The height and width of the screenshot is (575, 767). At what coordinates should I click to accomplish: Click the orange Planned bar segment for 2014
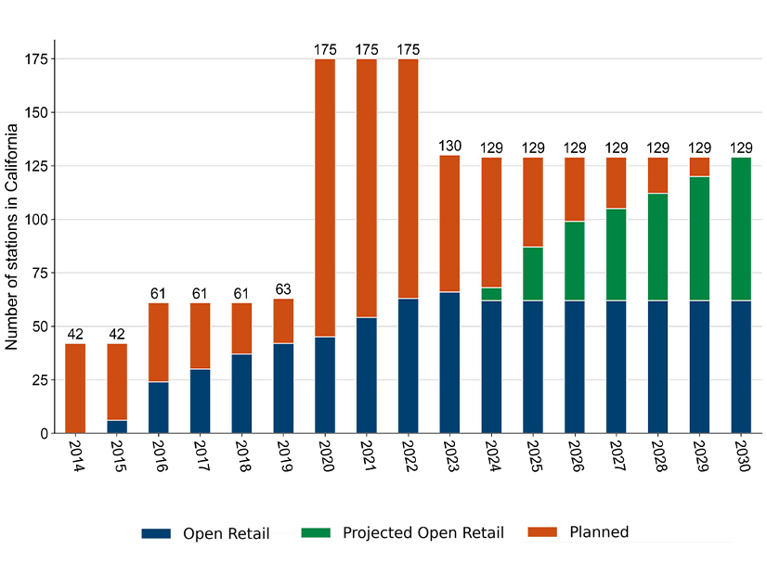coord(75,388)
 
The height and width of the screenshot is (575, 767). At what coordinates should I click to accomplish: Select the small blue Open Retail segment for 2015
coord(117,427)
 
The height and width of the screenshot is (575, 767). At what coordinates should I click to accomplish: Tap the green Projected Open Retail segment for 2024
coord(491,294)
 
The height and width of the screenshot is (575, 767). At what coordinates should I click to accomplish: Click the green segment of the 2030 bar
coord(741,228)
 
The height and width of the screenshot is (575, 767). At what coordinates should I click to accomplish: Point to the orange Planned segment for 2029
coord(699,167)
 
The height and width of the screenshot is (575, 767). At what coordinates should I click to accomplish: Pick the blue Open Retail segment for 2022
coord(408,365)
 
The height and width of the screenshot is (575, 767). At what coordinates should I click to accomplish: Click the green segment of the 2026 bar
coord(575,261)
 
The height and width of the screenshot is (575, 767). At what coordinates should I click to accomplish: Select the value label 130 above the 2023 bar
coord(449,147)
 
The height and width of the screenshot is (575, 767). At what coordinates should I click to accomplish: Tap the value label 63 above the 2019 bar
coord(283,289)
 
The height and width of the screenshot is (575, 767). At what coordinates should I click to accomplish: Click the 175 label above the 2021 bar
coord(367,49)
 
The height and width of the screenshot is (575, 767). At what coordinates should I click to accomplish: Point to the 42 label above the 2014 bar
coord(75,334)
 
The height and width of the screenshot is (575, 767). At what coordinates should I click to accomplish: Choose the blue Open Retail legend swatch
coord(156,533)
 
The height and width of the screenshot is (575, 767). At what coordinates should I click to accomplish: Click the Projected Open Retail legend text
coord(422,532)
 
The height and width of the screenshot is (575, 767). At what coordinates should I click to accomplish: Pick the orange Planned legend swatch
coord(542,533)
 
